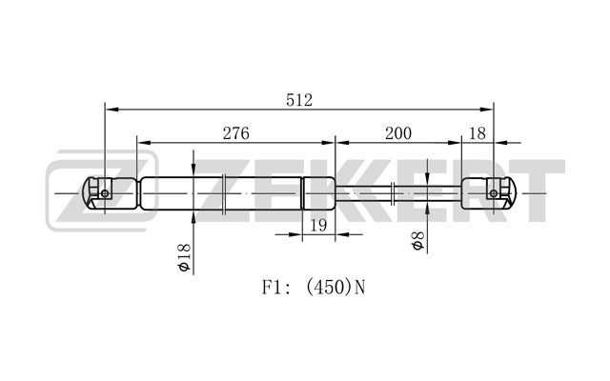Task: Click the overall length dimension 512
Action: pos(299,100)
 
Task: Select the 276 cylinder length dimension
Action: pos(235,133)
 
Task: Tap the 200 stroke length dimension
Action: pos(398,133)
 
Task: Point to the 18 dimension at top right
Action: pos(478,133)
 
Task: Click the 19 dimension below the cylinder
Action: pos(318,225)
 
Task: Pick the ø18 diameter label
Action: pos(183,257)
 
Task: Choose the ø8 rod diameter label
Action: pos(417,241)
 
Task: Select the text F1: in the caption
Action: pos(275,288)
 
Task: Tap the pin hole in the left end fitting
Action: pos(105,193)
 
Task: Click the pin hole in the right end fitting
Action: pos(494,193)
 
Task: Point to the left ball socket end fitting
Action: pos(110,193)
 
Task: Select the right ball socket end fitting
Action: pos(489,193)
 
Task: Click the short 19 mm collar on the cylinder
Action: pos(318,193)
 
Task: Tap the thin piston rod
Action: pos(398,193)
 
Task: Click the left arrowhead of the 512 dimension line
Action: pos(112,110)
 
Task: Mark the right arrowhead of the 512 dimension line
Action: pos(487,110)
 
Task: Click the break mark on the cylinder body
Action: pos(223,193)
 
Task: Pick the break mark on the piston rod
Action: pos(394,193)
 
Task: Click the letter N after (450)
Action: pos(360,288)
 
